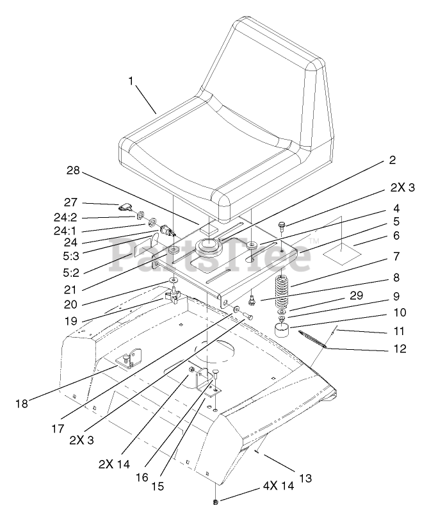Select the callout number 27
click(x=70, y=202)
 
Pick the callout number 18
click(x=22, y=404)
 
